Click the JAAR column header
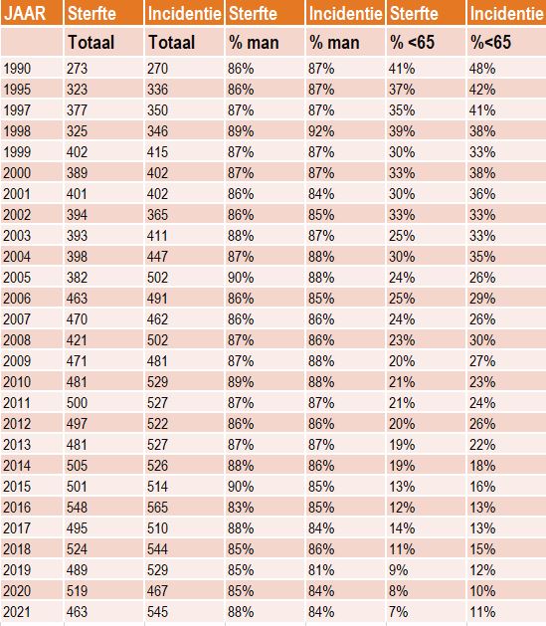[25, 14]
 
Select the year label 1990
[17, 69]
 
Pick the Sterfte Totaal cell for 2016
[77, 508]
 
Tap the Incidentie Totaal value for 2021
[157, 612]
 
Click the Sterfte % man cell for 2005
[241, 278]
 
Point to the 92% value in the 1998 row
[321, 131]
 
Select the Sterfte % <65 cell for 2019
[399, 570]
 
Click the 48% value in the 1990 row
[482, 69]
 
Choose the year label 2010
[17, 382]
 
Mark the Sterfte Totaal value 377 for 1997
[77, 110]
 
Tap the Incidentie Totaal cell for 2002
[157, 215]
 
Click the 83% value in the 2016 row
[241, 508]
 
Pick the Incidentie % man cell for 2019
[321, 570]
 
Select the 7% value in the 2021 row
[399, 612]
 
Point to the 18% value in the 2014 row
[482, 466]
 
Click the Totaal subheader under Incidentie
[172, 43]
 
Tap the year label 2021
[17, 612]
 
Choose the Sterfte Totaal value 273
[77, 69]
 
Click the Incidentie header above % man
[345, 14]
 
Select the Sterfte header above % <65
[414, 14]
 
